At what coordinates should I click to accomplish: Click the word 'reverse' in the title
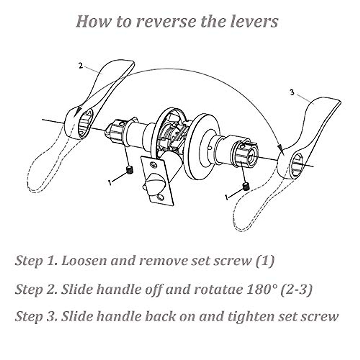pyautogui.click(x=166, y=22)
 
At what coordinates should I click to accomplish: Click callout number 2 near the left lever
pyautogui.click(x=80, y=66)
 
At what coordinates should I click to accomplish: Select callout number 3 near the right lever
pyautogui.click(x=292, y=92)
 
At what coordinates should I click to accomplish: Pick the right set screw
pyautogui.click(x=246, y=187)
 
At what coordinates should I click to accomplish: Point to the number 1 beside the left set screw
pyautogui.click(x=110, y=182)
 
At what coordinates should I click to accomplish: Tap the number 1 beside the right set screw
pyautogui.click(x=226, y=197)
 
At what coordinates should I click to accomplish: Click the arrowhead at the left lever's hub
pyautogui.click(x=78, y=111)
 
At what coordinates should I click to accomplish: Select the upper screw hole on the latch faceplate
pyautogui.click(x=154, y=164)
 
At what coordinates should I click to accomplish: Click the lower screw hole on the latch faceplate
pyautogui.click(x=160, y=197)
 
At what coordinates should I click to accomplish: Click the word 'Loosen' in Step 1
pyautogui.click(x=84, y=261)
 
